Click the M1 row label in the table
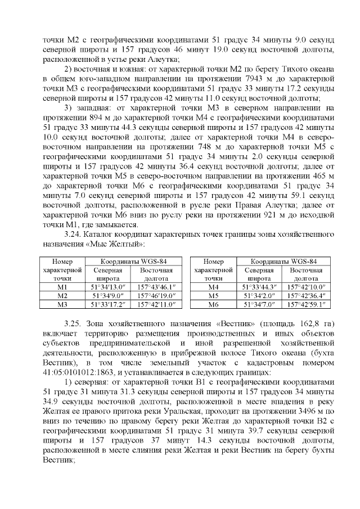point(62,287)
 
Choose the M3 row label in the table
point(62,304)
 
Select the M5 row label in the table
point(213,296)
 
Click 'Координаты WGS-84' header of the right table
point(283,261)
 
